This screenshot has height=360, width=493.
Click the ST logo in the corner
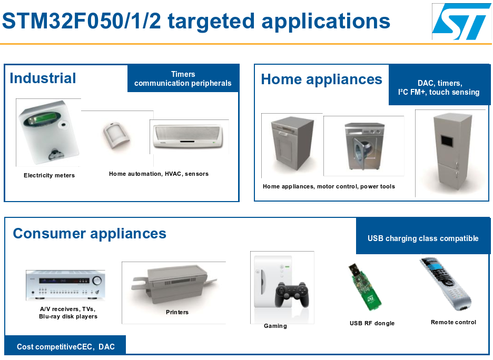461,22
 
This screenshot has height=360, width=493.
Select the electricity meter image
48,133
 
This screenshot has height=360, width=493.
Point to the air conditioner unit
188,136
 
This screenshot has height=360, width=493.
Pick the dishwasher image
292,143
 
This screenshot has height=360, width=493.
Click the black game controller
292,294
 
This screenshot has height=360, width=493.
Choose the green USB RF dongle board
364,287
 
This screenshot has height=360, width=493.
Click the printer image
174,285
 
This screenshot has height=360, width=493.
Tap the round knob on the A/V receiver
97,280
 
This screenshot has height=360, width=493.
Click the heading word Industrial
43,78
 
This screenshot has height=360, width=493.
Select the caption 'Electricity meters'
50,175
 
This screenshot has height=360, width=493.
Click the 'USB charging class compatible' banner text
423,238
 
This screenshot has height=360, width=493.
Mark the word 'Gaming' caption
275,326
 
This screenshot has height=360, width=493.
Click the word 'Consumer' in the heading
49,233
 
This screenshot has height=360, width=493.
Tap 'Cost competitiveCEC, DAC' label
66,347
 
